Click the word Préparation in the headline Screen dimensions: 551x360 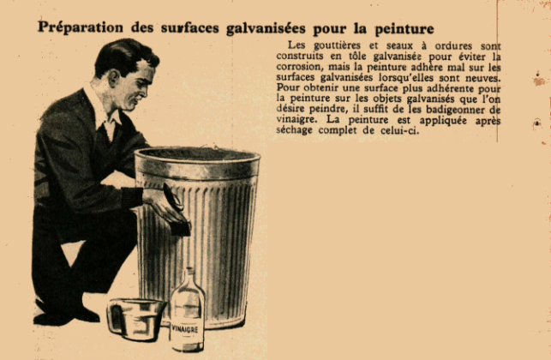click(81, 27)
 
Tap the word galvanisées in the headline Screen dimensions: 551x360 click(266, 28)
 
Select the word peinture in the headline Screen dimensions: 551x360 click(404, 29)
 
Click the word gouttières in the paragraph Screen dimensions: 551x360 click(337, 45)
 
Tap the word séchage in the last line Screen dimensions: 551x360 click(294, 130)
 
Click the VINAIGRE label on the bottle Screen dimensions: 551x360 click(186, 330)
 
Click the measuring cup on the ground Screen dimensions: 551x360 click(135, 319)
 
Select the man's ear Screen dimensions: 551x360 click(114, 78)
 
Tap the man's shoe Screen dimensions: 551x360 click(57, 319)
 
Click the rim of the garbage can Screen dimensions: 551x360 click(197, 154)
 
